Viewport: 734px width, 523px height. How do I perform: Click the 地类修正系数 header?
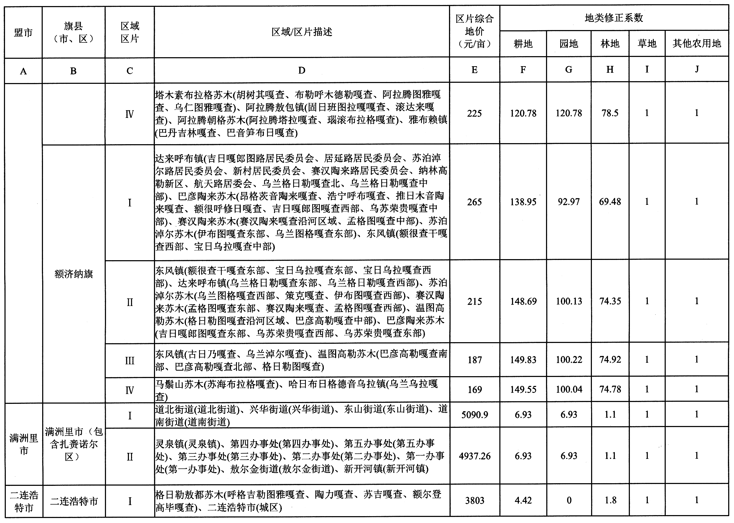coord(614,18)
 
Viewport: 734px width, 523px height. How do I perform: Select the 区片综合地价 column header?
coord(474,31)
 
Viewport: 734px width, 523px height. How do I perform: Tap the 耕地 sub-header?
coord(523,44)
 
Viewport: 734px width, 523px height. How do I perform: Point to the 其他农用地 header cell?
coord(696,43)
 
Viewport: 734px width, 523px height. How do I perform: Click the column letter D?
coord(301,70)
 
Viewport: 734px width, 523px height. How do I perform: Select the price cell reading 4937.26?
coord(474,456)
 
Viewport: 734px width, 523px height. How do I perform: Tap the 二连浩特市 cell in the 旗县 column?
coord(74,501)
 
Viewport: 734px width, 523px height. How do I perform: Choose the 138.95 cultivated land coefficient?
coord(523,202)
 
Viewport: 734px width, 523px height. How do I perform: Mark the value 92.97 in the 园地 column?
coord(568,202)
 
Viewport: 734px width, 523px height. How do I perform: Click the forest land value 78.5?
coord(610,113)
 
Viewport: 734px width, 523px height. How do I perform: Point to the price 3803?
coord(474,500)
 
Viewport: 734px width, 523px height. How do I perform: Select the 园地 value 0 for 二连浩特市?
coord(569,500)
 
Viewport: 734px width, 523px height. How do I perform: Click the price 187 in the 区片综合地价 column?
coord(474,360)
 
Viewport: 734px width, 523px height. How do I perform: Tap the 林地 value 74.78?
coord(610,389)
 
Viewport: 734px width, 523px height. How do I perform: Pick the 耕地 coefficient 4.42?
coord(523,500)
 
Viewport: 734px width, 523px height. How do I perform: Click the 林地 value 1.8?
coord(610,500)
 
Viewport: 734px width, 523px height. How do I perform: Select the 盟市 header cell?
coord(23,32)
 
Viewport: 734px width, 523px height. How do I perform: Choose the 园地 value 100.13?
coord(569,301)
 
